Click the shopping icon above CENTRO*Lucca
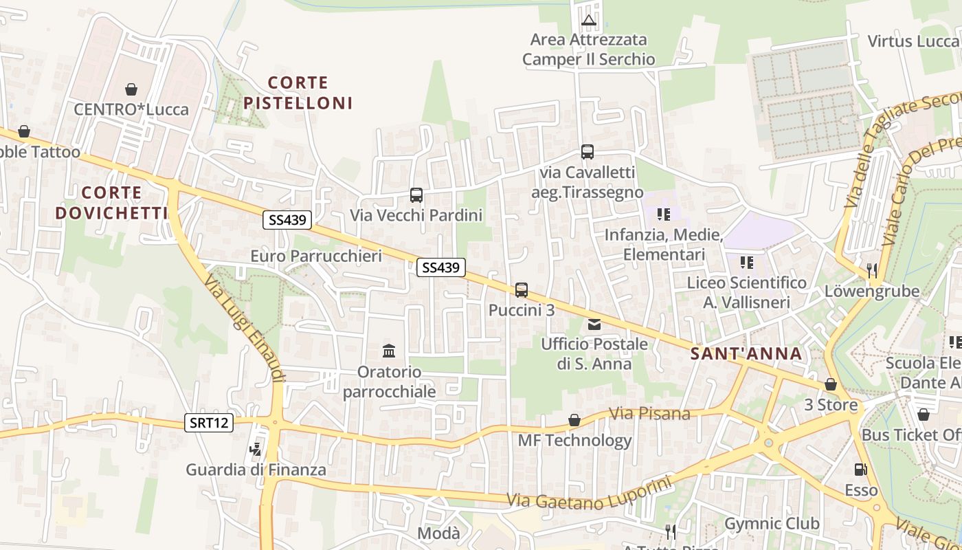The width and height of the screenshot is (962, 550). (x=131, y=89)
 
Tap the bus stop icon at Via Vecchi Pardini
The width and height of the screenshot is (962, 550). (x=416, y=195)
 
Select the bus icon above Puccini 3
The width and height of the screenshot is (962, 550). (x=522, y=290)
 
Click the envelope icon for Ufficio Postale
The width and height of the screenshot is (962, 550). (x=594, y=324)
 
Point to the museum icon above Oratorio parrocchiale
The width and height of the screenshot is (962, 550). (x=389, y=351)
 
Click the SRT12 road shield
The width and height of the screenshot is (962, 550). (x=209, y=423)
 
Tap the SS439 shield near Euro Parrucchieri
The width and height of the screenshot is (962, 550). (x=287, y=220)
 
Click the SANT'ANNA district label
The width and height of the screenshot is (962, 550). (x=746, y=354)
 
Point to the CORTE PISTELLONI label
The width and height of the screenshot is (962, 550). (x=298, y=93)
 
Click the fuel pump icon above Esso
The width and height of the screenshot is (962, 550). (x=860, y=470)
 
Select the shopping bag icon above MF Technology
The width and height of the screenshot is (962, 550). (x=574, y=420)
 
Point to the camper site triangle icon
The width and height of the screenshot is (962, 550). (x=588, y=20)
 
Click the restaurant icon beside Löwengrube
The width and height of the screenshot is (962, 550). (x=872, y=270)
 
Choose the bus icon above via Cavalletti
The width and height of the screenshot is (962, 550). (x=587, y=152)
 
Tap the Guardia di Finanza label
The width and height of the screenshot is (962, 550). (x=256, y=470)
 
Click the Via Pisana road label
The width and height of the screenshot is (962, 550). (x=649, y=414)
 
